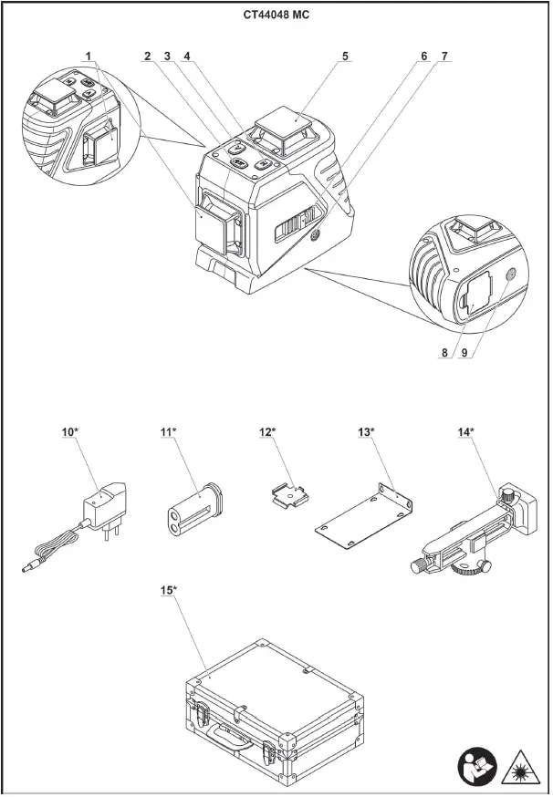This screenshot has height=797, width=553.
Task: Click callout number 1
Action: click(89, 57)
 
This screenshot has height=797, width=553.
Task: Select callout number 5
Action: click(345, 57)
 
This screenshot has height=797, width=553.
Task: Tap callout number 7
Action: click(444, 57)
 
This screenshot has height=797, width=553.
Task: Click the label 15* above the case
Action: click(168, 591)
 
